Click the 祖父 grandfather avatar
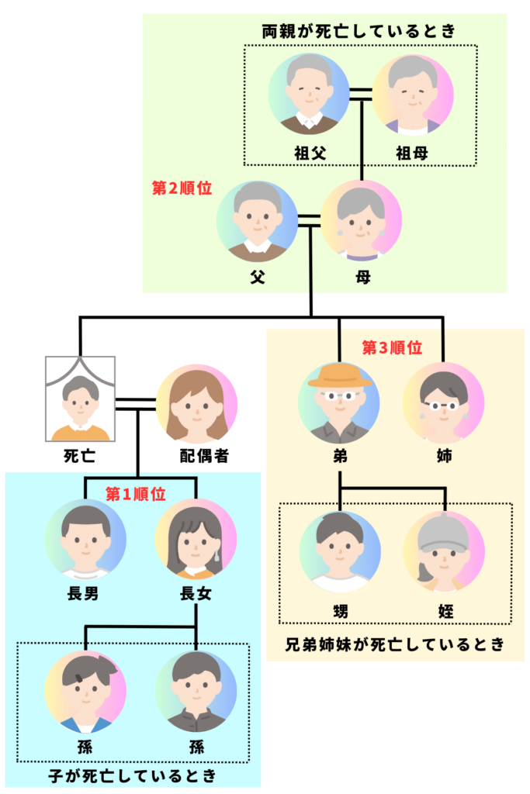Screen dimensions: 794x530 (309, 94)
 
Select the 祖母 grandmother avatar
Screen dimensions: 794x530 (413, 94)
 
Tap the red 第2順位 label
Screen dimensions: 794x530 (182, 188)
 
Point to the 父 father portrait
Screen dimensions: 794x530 (257, 221)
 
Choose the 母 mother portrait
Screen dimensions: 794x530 (361, 221)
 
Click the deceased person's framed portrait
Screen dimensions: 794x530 (80, 399)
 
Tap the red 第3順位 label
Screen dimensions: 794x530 (393, 348)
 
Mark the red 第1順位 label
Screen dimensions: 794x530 (136, 494)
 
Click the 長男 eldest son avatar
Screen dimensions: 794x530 (85, 540)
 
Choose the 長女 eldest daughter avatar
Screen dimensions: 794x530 (196, 540)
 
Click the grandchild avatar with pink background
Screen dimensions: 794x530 (85, 692)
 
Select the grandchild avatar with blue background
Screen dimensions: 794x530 (196, 692)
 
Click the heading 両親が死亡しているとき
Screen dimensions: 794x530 (358, 32)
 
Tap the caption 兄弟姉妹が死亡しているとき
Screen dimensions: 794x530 (395, 644)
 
